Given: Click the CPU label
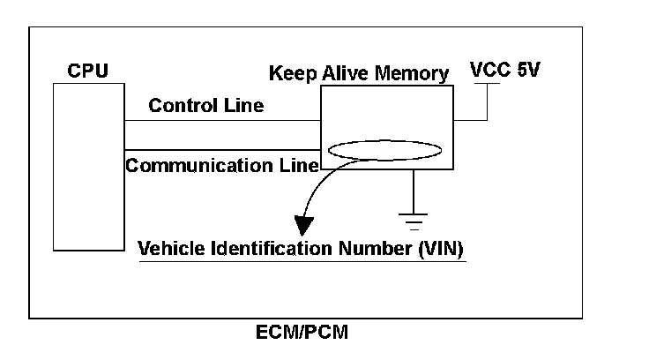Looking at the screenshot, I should [88, 70].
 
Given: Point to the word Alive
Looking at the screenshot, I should [344, 72].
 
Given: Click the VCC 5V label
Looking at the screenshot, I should [504, 69].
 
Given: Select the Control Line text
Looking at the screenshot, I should [205, 106].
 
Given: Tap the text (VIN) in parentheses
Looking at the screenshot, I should [437, 249].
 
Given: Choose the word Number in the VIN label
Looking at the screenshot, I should [374, 249].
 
